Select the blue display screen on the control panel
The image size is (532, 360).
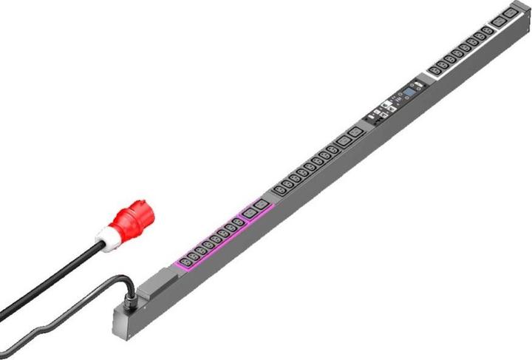(x=405, y=95)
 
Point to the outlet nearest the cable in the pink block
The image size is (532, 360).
(x=183, y=260)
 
